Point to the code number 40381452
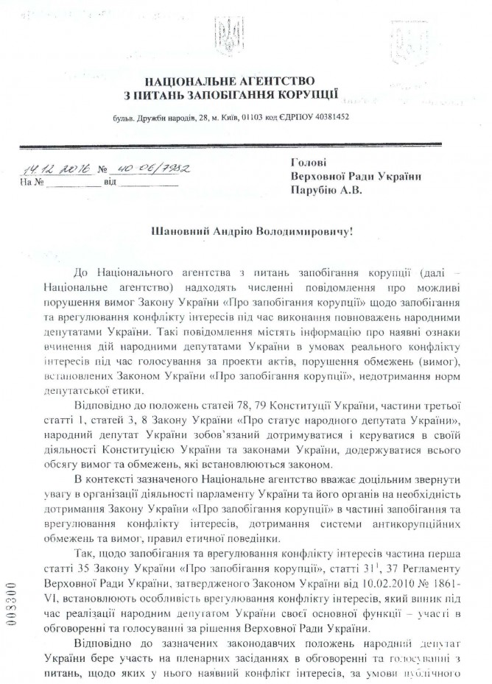tap(328, 118)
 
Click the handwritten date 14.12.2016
tap(56, 169)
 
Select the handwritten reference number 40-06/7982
tap(151, 169)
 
